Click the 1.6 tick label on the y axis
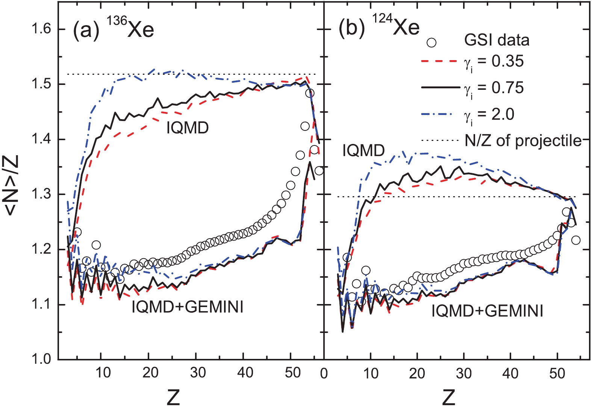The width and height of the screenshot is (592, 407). (x=41, y=29)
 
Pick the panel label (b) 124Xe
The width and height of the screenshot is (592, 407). (x=379, y=28)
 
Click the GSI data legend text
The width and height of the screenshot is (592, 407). (x=497, y=40)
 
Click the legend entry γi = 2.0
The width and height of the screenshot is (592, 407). (x=489, y=114)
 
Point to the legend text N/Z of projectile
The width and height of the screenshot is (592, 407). (x=523, y=141)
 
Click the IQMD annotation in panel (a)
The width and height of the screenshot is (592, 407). (x=188, y=128)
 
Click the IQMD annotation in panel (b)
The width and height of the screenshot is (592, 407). (x=363, y=151)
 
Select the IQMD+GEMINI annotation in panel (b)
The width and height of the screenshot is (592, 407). (x=487, y=311)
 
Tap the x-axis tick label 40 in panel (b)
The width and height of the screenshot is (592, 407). (x=510, y=373)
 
